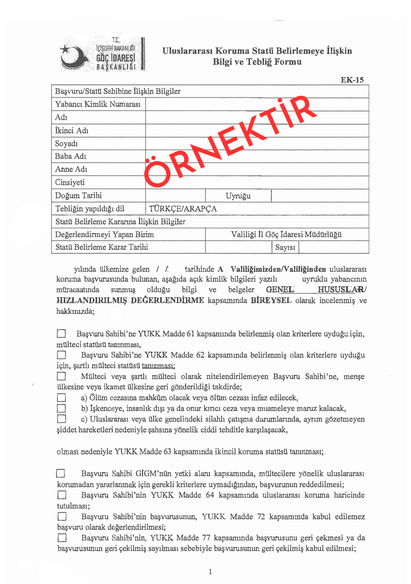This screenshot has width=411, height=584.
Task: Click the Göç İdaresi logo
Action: [x=102, y=54]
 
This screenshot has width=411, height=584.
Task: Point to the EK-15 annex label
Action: [x=352, y=80]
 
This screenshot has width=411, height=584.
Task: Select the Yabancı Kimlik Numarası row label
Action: [x=98, y=104]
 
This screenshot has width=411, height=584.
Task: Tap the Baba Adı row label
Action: [x=71, y=156]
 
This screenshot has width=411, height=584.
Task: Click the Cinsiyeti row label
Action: [x=70, y=182]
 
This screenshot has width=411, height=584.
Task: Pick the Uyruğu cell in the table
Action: [x=238, y=196]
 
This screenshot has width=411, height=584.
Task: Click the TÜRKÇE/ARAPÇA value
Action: [x=183, y=209]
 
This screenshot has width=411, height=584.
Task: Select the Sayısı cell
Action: [x=285, y=247]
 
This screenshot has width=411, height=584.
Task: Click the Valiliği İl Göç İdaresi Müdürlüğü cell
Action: [x=286, y=234]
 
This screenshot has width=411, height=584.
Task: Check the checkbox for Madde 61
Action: [x=61, y=333]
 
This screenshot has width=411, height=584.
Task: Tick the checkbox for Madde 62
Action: [x=61, y=355]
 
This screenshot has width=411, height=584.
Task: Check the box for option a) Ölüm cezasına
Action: [x=61, y=398]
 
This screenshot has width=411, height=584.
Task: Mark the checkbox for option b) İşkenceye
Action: [x=61, y=408]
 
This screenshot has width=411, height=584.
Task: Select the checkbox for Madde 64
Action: [x=62, y=495]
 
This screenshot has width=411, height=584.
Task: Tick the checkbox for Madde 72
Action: [x=62, y=517]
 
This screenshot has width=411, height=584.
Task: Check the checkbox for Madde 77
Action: [x=62, y=538]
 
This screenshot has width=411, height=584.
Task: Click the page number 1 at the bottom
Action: [x=210, y=571]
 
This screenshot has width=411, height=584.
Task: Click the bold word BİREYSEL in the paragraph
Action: [x=271, y=300]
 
